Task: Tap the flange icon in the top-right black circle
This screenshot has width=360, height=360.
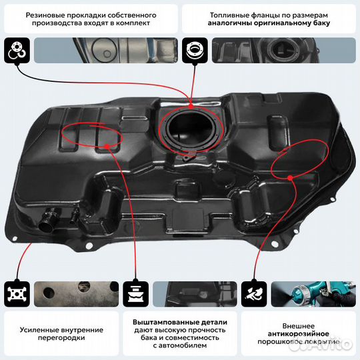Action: (196, 49)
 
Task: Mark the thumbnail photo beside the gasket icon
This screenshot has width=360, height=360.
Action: (104, 50)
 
